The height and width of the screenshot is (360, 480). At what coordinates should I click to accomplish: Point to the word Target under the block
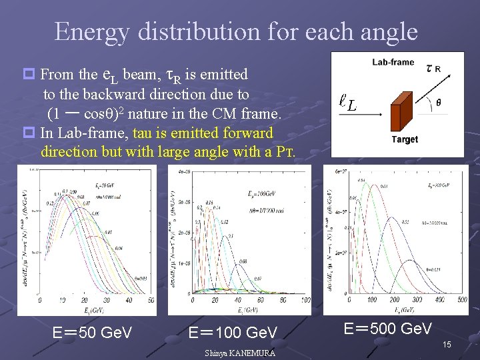405,139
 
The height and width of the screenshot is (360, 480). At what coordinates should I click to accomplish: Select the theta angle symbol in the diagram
438,103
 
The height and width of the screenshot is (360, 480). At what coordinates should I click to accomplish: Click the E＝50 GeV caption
92,332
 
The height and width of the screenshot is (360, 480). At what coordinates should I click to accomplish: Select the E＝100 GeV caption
233,332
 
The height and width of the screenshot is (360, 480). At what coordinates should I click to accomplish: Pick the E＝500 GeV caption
388,328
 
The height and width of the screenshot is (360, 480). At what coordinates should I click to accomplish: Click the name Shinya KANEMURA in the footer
240,353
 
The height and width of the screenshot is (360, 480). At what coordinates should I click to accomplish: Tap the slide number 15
447,344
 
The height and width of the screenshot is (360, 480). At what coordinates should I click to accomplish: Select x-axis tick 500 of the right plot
462,301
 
